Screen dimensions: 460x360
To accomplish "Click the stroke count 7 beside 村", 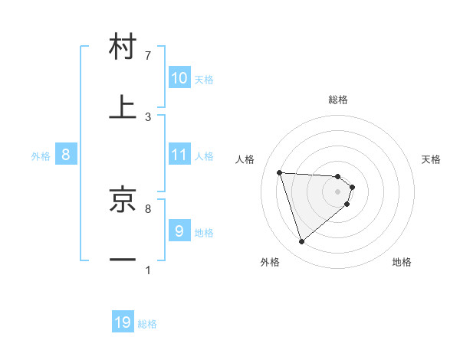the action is click(148, 56).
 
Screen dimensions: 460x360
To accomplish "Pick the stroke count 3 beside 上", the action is click(148, 116).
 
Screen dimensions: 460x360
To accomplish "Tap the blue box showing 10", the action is click(179, 78).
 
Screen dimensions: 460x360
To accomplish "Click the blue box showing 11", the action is click(179, 155).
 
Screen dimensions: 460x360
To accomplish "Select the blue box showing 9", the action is click(179, 231).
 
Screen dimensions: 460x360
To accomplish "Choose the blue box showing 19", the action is click(123, 322).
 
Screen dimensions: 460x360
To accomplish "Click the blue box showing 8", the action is click(66, 155).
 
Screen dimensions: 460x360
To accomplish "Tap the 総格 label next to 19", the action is click(147, 324).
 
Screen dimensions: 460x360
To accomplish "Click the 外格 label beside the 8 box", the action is click(41, 156).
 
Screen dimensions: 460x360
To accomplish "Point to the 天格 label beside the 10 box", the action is click(204, 80).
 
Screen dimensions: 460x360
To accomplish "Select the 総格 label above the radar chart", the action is click(338, 100).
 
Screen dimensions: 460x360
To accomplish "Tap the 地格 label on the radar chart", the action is click(402, 263).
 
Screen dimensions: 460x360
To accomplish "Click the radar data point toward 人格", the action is click(280, 172).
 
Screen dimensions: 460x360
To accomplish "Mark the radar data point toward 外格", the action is click(301, 242).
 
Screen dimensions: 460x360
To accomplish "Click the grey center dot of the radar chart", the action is click(338, 191).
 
